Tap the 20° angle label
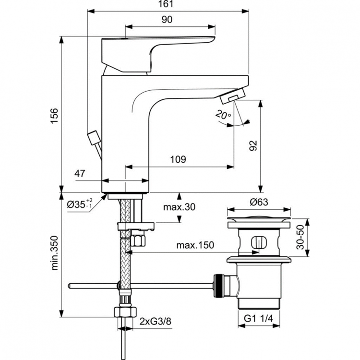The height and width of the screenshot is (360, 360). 224,115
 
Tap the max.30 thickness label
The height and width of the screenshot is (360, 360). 179,207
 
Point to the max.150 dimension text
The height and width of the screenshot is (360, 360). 194,245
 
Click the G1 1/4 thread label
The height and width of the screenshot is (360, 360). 259,318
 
